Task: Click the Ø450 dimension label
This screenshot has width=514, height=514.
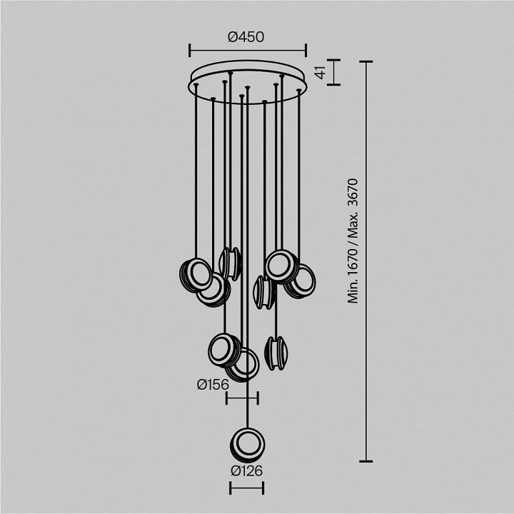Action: coord(246,37)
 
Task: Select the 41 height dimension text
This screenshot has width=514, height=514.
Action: coord(321,72)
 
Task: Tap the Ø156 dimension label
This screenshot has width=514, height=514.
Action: coord(213,385)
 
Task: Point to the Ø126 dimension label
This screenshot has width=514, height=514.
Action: coord(247,471)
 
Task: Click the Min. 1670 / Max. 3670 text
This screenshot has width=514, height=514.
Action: coord(353,241)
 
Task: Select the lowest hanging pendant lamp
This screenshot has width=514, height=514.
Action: coord(247,445)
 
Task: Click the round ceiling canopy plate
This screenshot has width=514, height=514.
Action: coord(248,82)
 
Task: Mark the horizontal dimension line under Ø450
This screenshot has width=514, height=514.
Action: coord(248,51)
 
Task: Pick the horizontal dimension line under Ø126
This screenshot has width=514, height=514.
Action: coord(247,488)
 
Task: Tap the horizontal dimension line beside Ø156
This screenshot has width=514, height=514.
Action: coord(242,398)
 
